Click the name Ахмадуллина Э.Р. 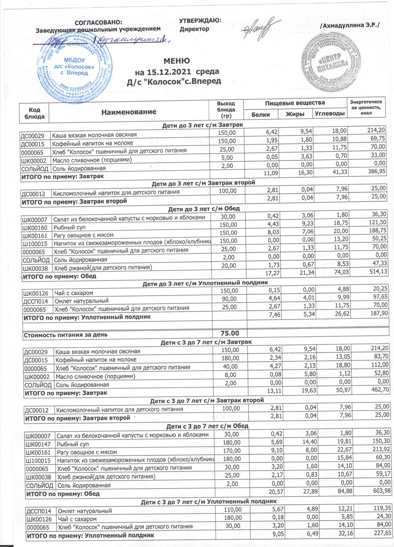point(350,25)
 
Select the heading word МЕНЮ point(176,61)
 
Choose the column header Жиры point(295,114)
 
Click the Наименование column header point(129,112)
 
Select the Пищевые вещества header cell point(295,103)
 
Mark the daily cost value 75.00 point(230,333)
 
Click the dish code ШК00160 point(35,228)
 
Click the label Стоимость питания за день point(66,334)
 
